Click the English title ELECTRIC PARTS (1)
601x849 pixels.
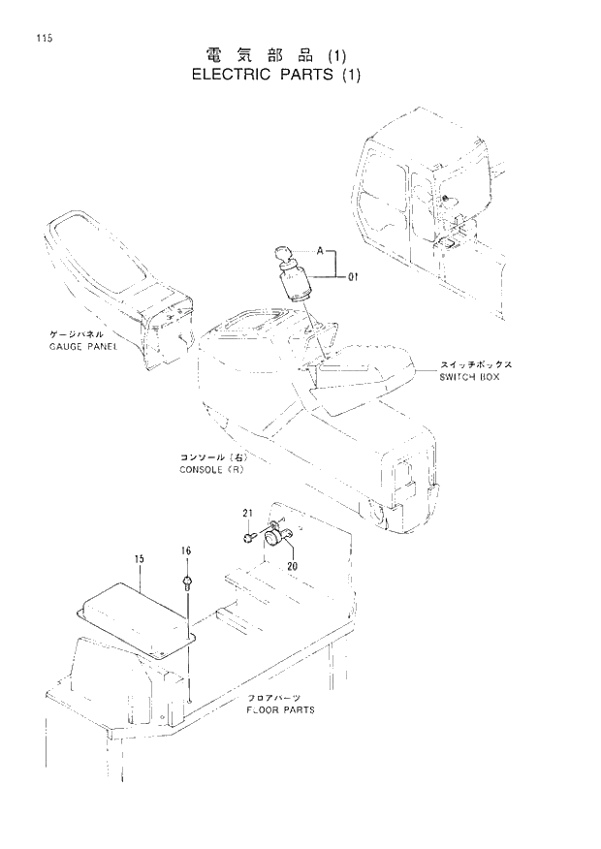[275, 77]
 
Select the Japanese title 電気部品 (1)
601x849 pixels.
[275, 54]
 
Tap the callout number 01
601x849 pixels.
[355, 278]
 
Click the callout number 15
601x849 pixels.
[139, 559]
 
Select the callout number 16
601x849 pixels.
[186, 551]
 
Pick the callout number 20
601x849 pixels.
[290, 566]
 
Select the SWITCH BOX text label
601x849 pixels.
[469, 376]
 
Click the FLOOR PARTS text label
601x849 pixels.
[282, 709]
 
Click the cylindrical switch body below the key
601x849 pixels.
[295, 288]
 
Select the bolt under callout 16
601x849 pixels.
[186, 582]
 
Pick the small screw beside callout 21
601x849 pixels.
[249, 532]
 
